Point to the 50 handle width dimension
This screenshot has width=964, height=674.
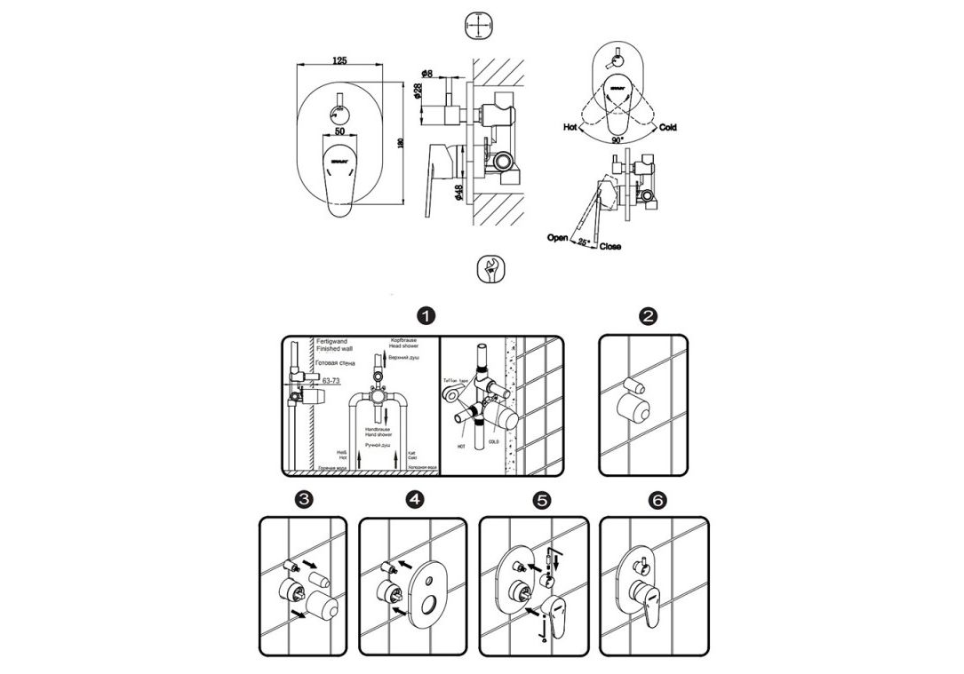[340, 131]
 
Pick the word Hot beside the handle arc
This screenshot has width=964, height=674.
[571, 128]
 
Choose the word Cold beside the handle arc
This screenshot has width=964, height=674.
[668, 128]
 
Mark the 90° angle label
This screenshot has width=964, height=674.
[617, 140]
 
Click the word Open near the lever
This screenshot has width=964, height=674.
[558, 238]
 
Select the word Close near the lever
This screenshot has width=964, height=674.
[610, 246]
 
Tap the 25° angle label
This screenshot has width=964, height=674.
[583, 242]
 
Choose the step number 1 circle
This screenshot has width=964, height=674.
[427, 316]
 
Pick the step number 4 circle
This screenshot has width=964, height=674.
[415, 499]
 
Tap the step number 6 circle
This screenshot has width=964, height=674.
[656, 500]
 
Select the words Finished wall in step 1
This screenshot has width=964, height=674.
[332, 350]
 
